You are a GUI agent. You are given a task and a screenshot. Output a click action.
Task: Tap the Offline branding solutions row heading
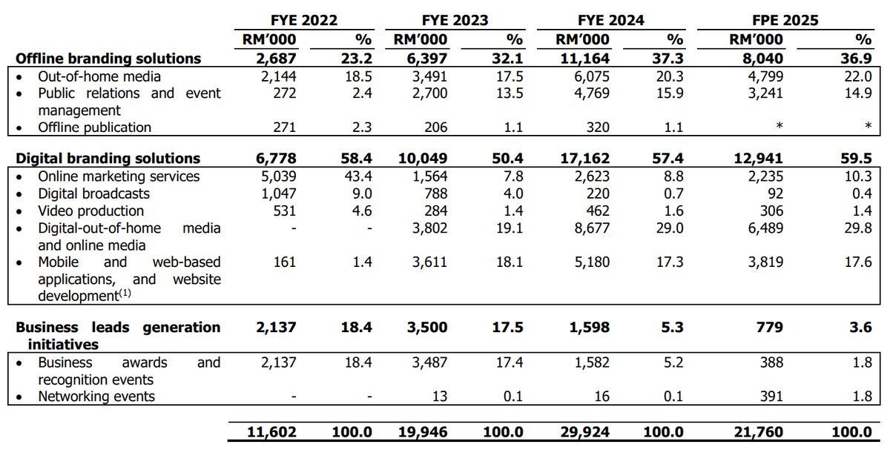tap(108, 59)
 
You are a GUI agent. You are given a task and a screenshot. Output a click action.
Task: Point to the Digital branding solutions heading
tap(108, 158)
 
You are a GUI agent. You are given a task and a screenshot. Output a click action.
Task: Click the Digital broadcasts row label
tap(93, 194)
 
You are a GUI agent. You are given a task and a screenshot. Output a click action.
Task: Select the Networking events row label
tap(96, 396)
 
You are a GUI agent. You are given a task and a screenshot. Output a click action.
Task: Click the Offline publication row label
tap(94, 127)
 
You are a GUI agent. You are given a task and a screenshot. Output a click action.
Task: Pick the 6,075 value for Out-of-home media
tap(591, 76)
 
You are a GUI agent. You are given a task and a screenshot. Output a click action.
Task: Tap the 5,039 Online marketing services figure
tap(278, 176)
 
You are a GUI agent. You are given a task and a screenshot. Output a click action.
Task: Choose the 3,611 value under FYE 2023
tap(432, 262)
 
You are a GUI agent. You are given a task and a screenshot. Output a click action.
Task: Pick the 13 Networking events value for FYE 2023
tap(439, 396)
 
